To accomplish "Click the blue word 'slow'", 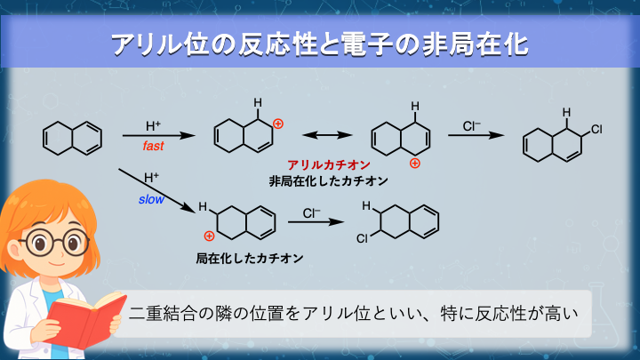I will point(150,201).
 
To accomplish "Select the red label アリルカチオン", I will point(329,165).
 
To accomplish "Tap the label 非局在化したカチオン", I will point(328,181).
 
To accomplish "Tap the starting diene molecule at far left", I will point(72,138).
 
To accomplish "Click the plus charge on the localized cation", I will point(209,236).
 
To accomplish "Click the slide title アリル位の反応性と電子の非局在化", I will point(320,44).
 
